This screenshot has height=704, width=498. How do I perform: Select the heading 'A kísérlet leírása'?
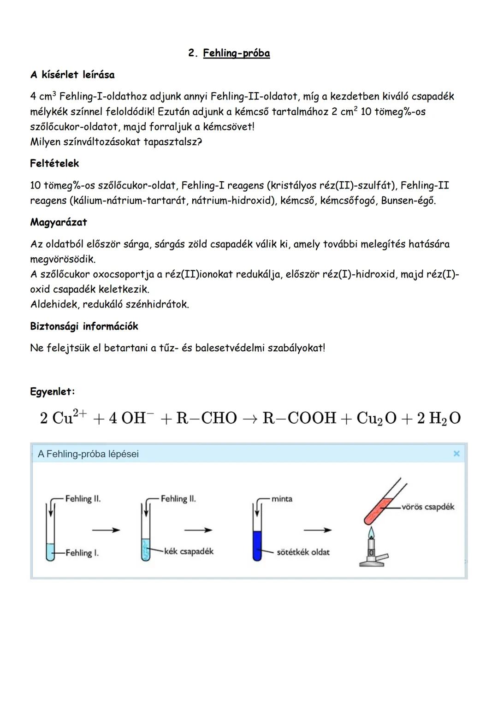tap(72, 75)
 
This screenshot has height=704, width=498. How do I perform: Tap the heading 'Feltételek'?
tap(54, 163)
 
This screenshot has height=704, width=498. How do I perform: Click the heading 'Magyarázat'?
tap(59, 222)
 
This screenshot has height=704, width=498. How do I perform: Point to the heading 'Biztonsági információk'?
tap(84, 326)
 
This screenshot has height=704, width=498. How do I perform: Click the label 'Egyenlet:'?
tap(52, 392)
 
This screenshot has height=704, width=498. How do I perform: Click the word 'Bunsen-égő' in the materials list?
tap(408, 201)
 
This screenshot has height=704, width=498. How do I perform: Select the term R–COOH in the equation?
tap(299, 418)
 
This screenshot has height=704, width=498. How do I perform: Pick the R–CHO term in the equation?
tap(207, 418)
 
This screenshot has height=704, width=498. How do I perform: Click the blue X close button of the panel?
tap(456, 454)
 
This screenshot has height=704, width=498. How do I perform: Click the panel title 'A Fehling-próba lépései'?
tap(88, 454)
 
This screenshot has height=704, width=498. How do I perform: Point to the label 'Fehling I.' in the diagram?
tap(82, 552)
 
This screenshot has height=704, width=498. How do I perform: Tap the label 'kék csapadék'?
tap(189, 551)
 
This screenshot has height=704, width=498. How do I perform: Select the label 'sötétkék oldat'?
tap(303, 552)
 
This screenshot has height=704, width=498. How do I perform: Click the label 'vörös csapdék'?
tap(427, 507)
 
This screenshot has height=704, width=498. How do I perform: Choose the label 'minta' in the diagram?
tap(282, 499)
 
